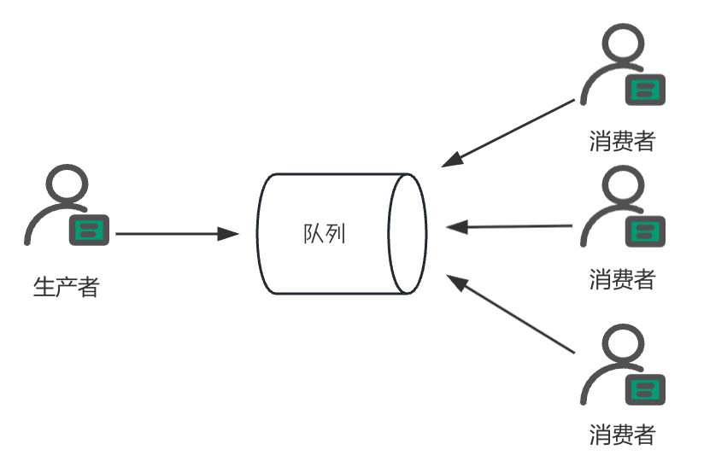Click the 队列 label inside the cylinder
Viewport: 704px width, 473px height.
coord(325,233)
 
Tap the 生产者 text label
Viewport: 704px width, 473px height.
coord(66,286)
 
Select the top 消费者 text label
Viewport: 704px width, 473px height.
coord(622,140)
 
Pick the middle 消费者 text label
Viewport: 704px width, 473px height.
coord(622,278)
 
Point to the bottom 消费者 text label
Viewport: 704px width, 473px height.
coord(622,435)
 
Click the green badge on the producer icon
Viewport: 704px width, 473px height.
coord(88,228)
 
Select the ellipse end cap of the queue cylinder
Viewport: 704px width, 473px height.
coord(407,233)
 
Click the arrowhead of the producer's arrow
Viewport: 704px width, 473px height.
coord(228,233)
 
